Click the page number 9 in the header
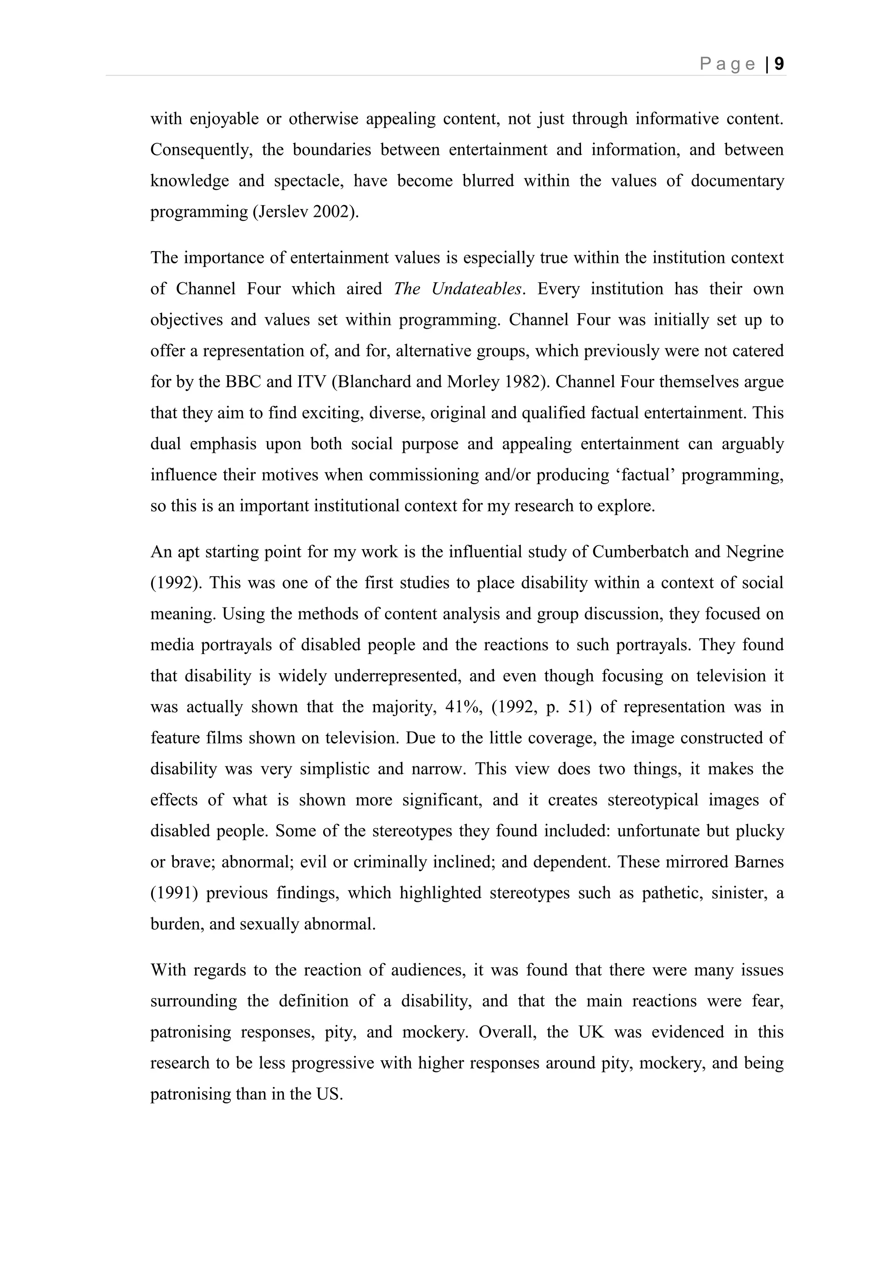point(779,64)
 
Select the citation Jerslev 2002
point(305,212)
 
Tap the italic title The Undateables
point(457,289)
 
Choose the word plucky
point(760,831)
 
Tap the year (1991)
point(174,893)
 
